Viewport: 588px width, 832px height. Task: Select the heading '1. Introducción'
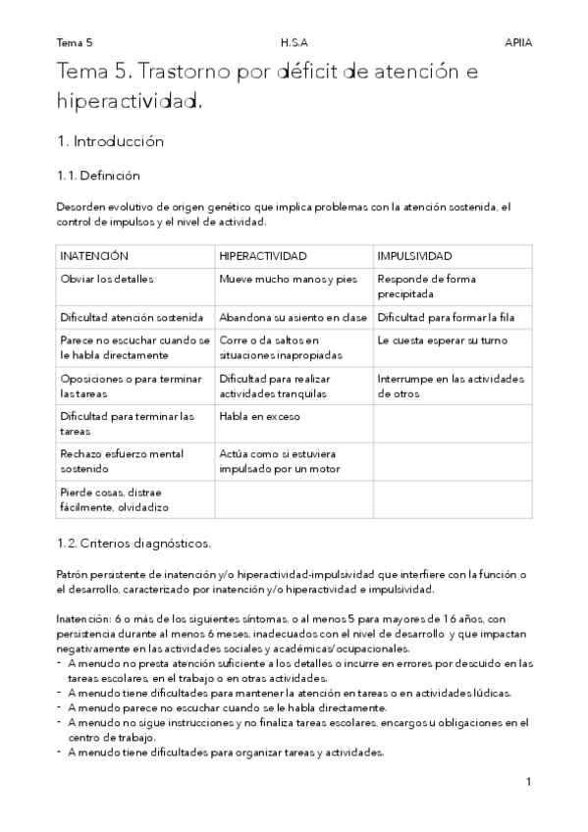(110, 141)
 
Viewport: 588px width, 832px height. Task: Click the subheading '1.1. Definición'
(99, 177)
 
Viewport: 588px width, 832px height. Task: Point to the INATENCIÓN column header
(95, 255)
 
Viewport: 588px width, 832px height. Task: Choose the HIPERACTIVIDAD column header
(263, 255)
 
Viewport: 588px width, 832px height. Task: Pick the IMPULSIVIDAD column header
(414, 255)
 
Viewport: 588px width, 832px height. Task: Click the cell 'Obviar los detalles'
(107, 279)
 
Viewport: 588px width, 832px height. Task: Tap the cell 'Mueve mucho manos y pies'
(288, 279)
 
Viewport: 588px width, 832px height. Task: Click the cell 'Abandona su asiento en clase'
(293, 317)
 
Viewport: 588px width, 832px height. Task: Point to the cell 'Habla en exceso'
(260, 416)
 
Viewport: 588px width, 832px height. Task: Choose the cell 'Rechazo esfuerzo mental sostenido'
(122, 461)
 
